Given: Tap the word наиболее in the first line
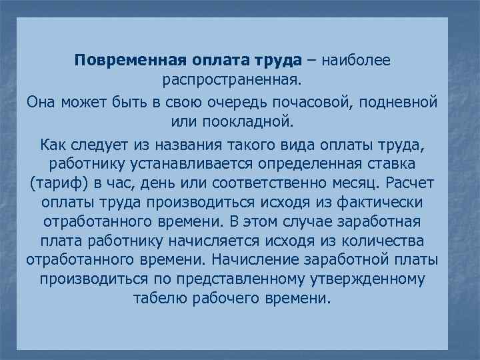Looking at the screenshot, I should point(356,61).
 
